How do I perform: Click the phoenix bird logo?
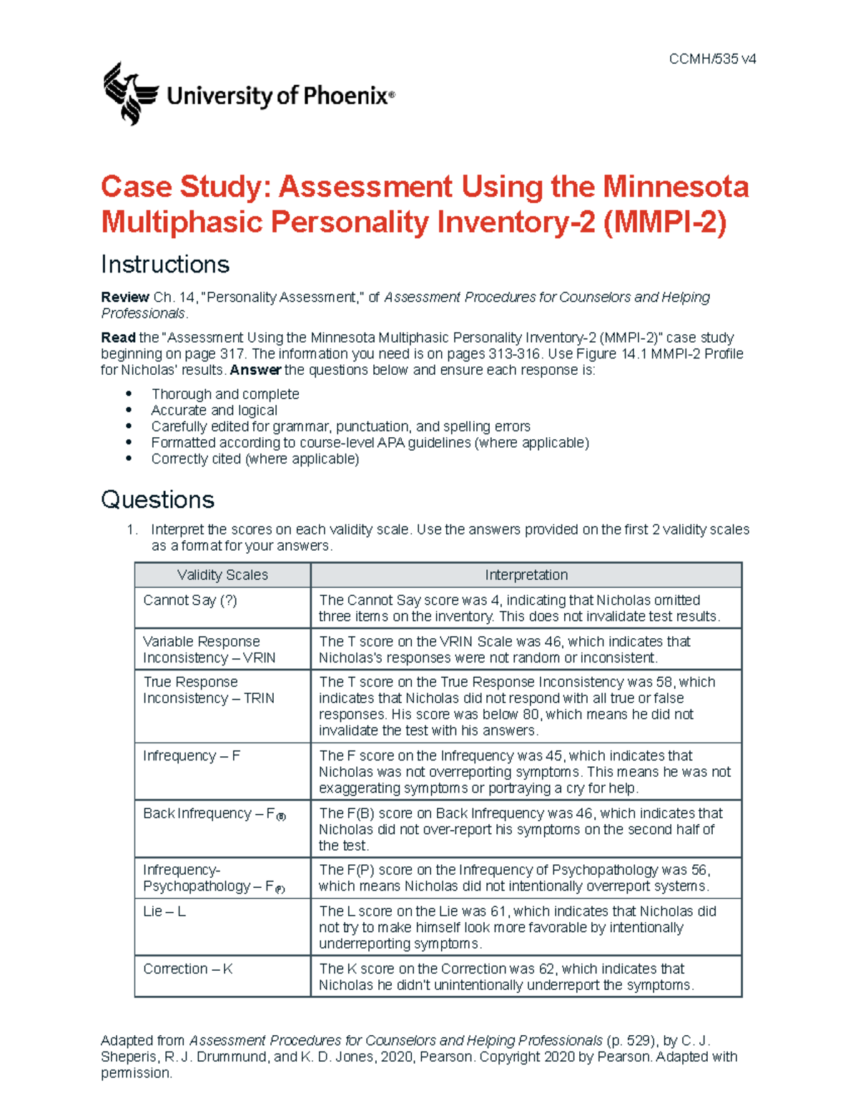130,93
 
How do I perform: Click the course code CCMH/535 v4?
712,59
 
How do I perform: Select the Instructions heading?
165,265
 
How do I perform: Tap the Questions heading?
157,499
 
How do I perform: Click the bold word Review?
124,297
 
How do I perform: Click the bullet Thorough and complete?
225,394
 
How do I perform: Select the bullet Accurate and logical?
214,411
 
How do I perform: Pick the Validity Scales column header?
222,575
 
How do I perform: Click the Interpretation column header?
526,575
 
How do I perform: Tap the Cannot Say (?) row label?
189,600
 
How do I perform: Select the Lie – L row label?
164,911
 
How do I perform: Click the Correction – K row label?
187,969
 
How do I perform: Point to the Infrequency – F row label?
192,756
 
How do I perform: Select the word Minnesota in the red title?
676,187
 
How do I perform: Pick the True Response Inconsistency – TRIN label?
208,690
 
